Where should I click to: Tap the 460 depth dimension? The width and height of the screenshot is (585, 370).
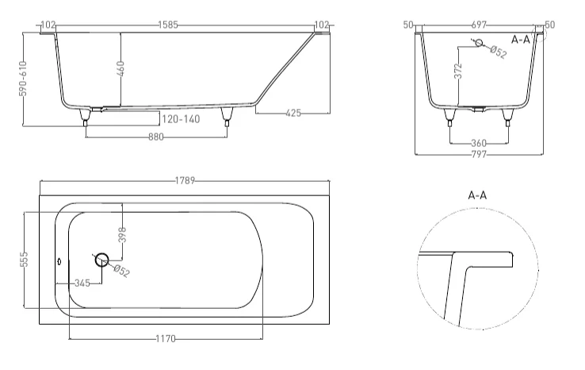click(x=121, y=68)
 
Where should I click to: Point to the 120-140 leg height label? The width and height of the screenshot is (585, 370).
click(x=180, y=119)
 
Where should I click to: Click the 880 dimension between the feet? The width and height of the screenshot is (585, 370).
click(x=155, y=137)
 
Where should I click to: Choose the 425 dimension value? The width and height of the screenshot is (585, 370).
click(x=292, y=113)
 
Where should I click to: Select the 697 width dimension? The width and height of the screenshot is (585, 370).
click(x=481, y=25)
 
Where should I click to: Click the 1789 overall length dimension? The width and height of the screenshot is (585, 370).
click(x=185, y=181)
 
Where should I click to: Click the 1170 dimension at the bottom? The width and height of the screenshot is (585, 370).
click(x=165, y=338)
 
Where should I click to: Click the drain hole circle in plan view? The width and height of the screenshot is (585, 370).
click(x=101, y=259)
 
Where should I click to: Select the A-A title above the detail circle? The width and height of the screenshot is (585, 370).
click(x=477, y=194)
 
